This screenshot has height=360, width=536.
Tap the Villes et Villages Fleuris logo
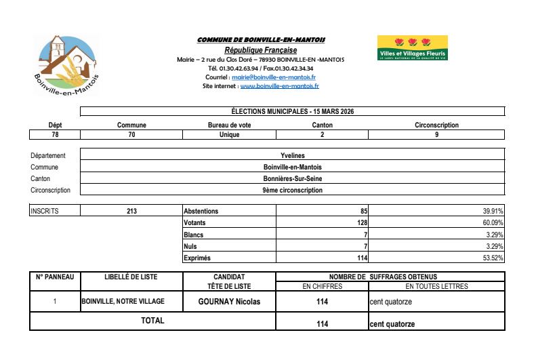pyautogui.click(x=413, y=48)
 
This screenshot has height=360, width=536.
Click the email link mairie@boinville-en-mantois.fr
pyautogui.click(x=283, y=77)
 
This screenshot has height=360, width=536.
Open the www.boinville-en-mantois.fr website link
pyautogui.click(x=279, y=86)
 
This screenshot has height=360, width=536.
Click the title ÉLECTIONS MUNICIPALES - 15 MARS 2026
pyautogui.click(x=293, y=111)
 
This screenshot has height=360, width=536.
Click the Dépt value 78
pyautogui.click(x=55, y=135)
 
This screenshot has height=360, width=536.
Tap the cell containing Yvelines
pyautogui.click(x=293, y=155)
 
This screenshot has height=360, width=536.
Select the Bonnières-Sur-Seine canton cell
pyautogui.click(x=293, y=178)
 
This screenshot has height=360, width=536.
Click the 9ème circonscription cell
pyautogui.click(x=293, y=190)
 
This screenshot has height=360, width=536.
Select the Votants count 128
pyautogui.click(x=362, y=222)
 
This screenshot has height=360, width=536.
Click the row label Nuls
pyautogui.click(x=190, y=246)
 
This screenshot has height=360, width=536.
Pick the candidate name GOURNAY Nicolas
pyautogui.click(x=229, y=301)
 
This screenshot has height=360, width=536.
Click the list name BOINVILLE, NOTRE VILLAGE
pyautogui.click(x=123, y=301)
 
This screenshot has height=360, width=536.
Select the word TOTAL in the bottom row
pyautogui.click(x=152, y=321)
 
